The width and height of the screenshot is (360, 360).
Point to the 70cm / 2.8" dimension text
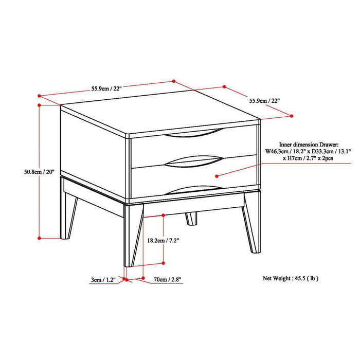[x=168, y=280]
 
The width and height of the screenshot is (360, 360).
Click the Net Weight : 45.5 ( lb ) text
[x=291, y=278]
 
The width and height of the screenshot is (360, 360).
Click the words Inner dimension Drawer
[x=309, y=145]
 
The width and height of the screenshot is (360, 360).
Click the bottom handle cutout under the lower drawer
[x=197, y=187]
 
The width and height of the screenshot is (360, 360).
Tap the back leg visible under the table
[x=191, y=218]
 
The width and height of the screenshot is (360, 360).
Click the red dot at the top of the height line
[x=40, y=105]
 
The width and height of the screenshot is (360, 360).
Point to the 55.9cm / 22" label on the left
[x=106, y=88]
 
